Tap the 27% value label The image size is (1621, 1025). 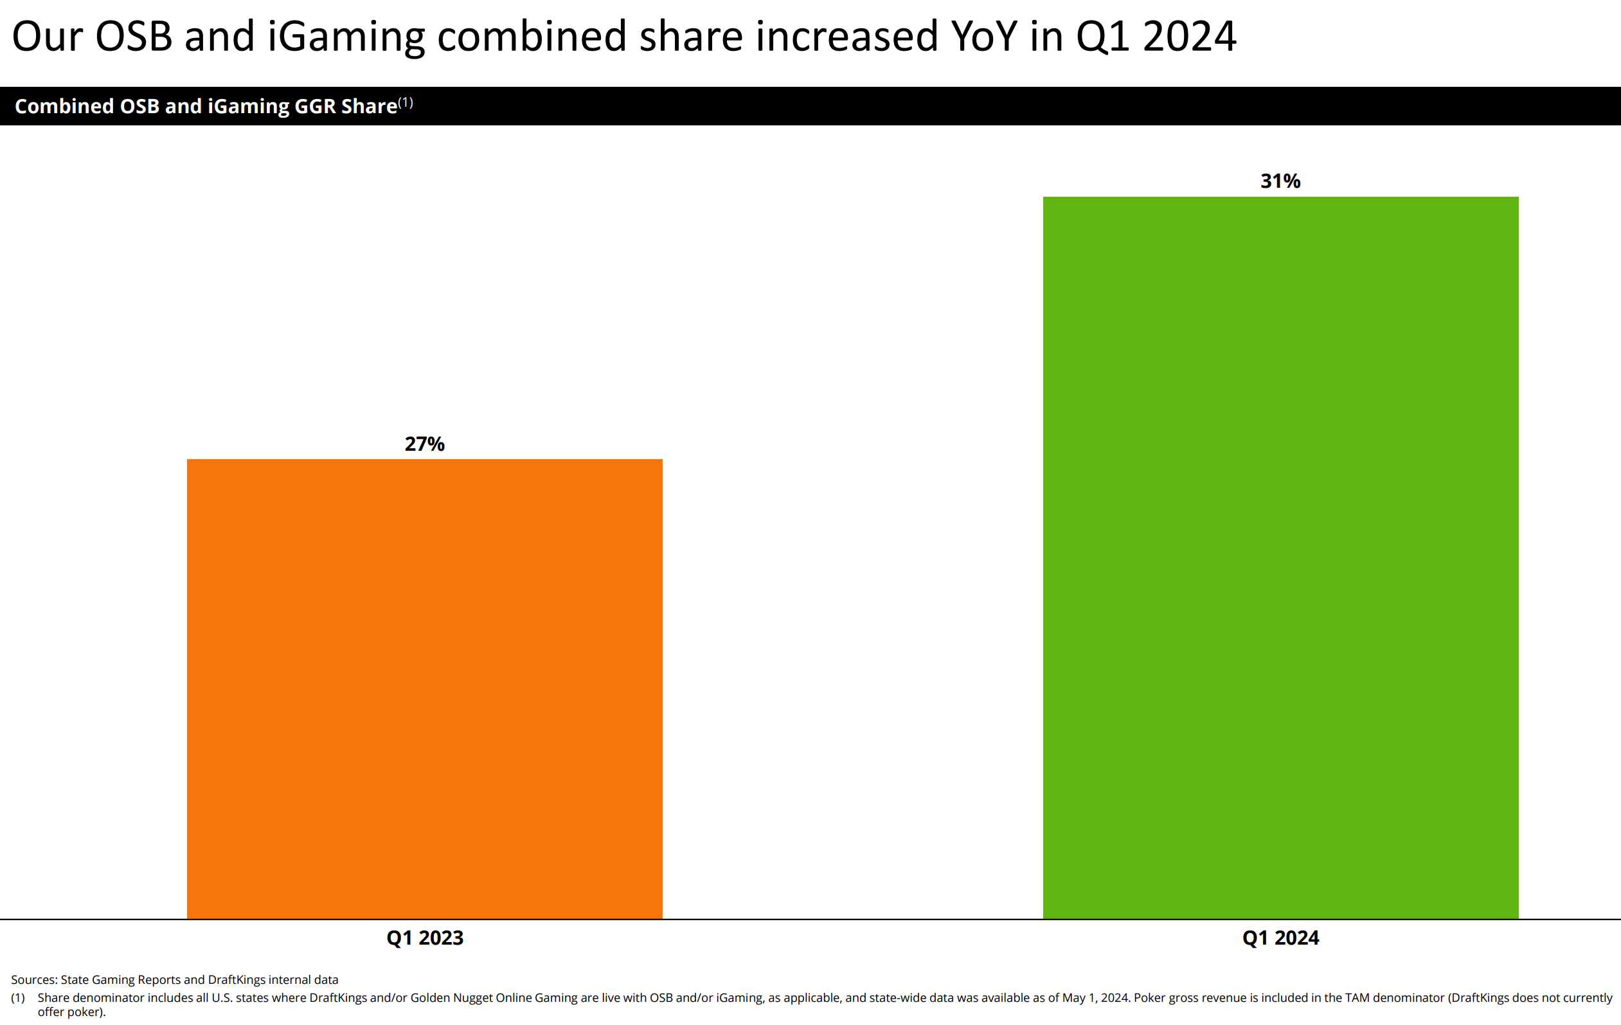click(424, 444)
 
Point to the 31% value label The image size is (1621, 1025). click(1280, 181)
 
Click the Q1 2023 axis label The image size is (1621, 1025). click(425, 938)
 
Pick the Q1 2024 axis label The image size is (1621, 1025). click(1280, 938)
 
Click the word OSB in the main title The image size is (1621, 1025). click(133, 37)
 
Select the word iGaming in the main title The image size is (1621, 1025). click(346, 38)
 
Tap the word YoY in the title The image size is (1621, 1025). click(983, 37)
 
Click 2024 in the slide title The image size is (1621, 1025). click(1189, 37)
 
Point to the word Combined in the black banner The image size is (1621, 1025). click(64, 106)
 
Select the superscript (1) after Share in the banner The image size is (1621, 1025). click(405, 102)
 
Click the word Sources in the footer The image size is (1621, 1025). click(33, 979)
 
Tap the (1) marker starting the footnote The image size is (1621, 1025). click(18, 997)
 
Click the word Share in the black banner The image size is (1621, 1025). click(369, 106)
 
